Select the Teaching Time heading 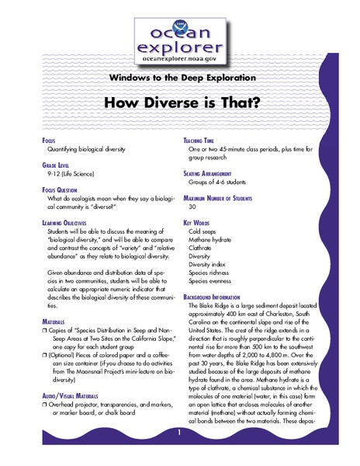pos(204,140)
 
